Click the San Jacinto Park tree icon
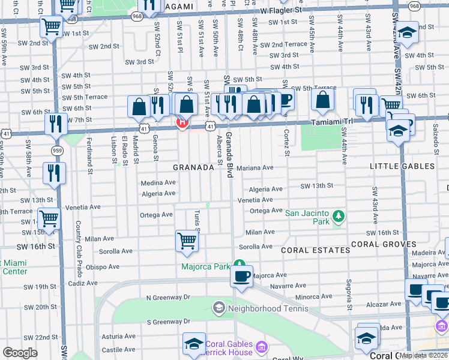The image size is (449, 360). [338, 215]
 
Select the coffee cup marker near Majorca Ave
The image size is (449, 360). [241, 277]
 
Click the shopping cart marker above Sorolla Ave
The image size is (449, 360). [187, 241]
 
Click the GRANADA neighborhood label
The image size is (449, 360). [193, 168]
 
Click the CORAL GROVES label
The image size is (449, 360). [384, 244]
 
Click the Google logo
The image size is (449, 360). [20, 352]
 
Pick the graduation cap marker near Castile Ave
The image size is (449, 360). [194, 344]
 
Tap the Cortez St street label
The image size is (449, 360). [287, 143]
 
